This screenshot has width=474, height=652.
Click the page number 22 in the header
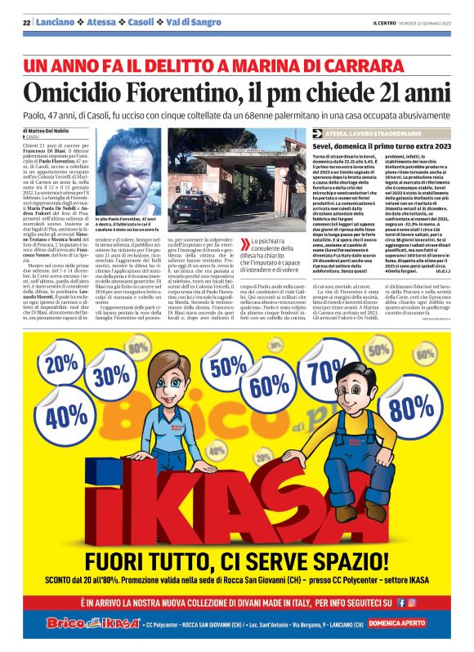25,22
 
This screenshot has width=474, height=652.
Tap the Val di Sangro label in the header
195,22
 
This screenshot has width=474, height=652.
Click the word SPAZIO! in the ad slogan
346,561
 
